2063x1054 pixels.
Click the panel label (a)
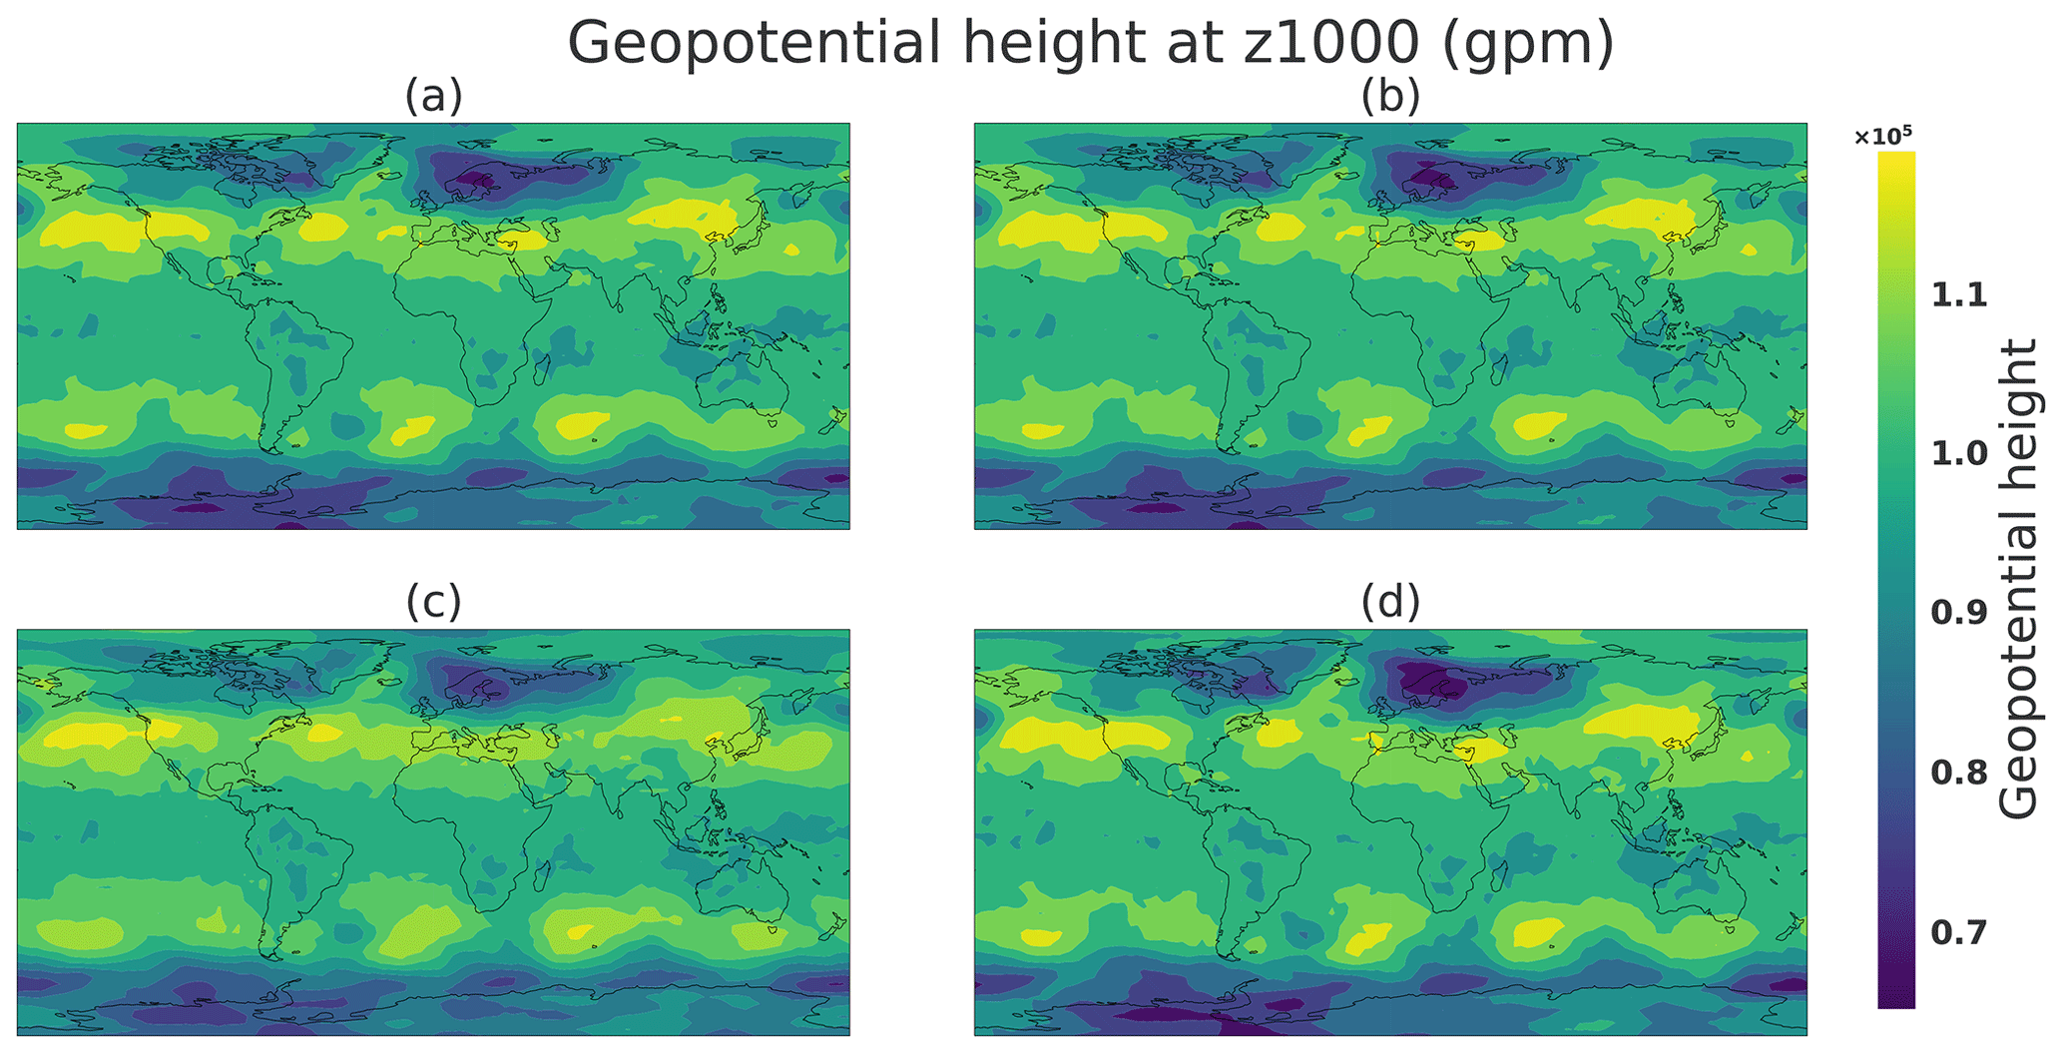[x=433, y=98]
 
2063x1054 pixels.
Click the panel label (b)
[x=1390, y=98]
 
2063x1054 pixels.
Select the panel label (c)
[x=433, y=603]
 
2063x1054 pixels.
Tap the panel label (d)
[x=1390, y=603]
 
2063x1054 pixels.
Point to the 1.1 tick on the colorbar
[x=1959, y=295]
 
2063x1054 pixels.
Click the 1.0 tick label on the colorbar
[x=1959, y=454]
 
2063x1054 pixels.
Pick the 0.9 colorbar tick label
[x=1959, y=613]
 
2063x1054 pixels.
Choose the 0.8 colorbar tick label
[x=1959, y=773]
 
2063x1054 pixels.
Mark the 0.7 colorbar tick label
[x=1959, y=932]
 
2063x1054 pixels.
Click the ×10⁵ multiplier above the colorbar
[x=1883, y=137]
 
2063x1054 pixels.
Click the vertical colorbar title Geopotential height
[x=2019, y=579]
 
